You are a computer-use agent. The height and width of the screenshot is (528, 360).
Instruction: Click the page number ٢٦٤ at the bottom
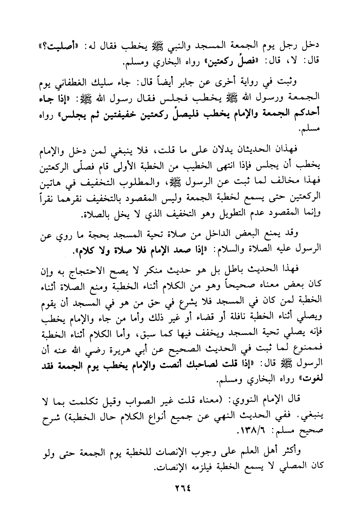[181, 488]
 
